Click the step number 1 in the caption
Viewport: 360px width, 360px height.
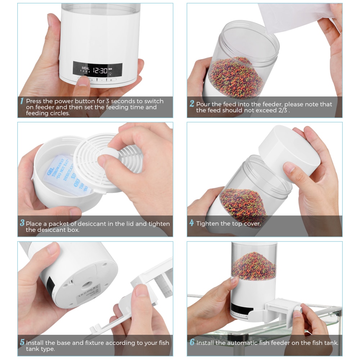pos(22,101)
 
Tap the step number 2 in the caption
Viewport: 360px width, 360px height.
pos(192,104)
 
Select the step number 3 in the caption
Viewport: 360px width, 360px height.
pos(22,223)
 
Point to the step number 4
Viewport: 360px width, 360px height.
pos(192,223)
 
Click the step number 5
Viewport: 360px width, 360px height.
pos(22,342)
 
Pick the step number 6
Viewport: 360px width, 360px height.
pos(192,342)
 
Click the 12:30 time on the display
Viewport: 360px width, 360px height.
pos(98,71)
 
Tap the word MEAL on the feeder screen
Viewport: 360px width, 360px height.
pos(85,67)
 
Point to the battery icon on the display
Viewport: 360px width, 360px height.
pos(111,69)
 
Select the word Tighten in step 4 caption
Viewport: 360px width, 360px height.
pos(207,223)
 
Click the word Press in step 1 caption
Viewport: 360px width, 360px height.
pos(33,101)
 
